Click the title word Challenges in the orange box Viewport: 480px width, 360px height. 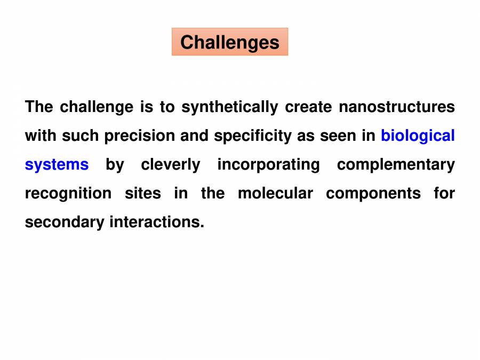coord(229,42)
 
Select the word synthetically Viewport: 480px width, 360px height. coord(229,107)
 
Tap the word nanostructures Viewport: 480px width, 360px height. coord(397,107)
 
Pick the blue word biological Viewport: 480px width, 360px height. coord(418,136)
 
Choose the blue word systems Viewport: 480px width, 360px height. coord(57,165)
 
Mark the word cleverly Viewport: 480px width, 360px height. coord(171,165)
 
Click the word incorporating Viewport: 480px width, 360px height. coord(268,165)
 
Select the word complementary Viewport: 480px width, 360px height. coord(396,165)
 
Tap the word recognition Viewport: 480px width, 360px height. coord(68,193)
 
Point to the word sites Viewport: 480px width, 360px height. coord(143,193)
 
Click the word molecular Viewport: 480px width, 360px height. coord(275,193)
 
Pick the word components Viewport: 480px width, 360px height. coord(373,193)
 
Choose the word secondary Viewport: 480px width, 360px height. coord(65,222)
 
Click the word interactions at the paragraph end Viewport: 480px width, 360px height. coord(157,222)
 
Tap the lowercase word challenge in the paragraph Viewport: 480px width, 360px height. coord(97,107)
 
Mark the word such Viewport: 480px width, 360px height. coord(81,136)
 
